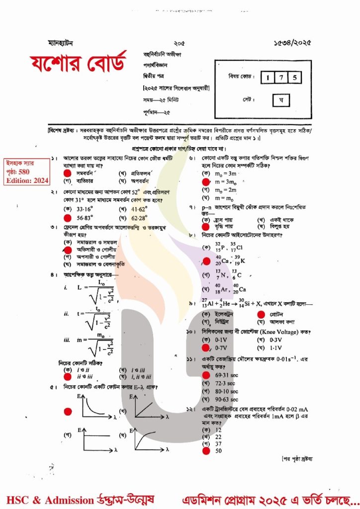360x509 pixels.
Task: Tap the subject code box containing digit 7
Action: tap(281, 77)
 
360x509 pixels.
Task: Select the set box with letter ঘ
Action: tap(281, 100)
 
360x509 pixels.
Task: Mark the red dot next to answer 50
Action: tap(205, 450)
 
